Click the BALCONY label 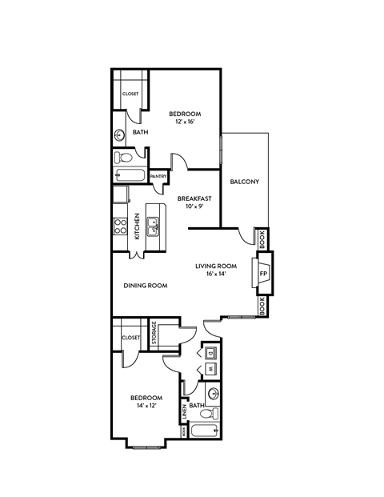coord(244,182)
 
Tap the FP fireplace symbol coord(263,272)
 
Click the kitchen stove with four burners coord(120,226)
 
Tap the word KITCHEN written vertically coord(137,226)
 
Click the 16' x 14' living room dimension coord(217,274)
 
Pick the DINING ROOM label coord(145,285)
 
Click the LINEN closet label coord(184,412)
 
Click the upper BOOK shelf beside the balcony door coord(262,238)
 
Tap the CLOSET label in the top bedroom coord(130,94)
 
